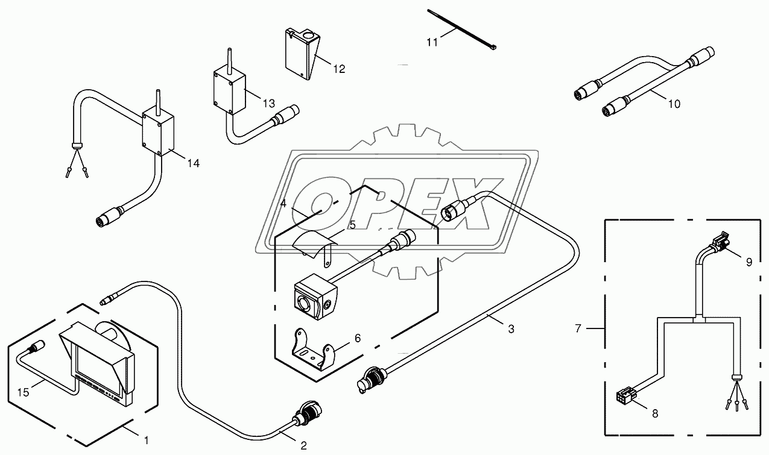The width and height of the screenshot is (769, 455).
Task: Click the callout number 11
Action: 432,42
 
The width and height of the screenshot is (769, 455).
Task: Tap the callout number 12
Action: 339,69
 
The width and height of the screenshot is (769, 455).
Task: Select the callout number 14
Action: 193,163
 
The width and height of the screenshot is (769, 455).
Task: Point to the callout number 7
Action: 578,328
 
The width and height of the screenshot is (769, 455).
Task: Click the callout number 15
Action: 24,392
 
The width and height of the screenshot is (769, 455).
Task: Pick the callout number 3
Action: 511,329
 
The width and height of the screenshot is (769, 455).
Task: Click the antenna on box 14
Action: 158,102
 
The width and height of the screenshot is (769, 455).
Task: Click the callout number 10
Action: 674,104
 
